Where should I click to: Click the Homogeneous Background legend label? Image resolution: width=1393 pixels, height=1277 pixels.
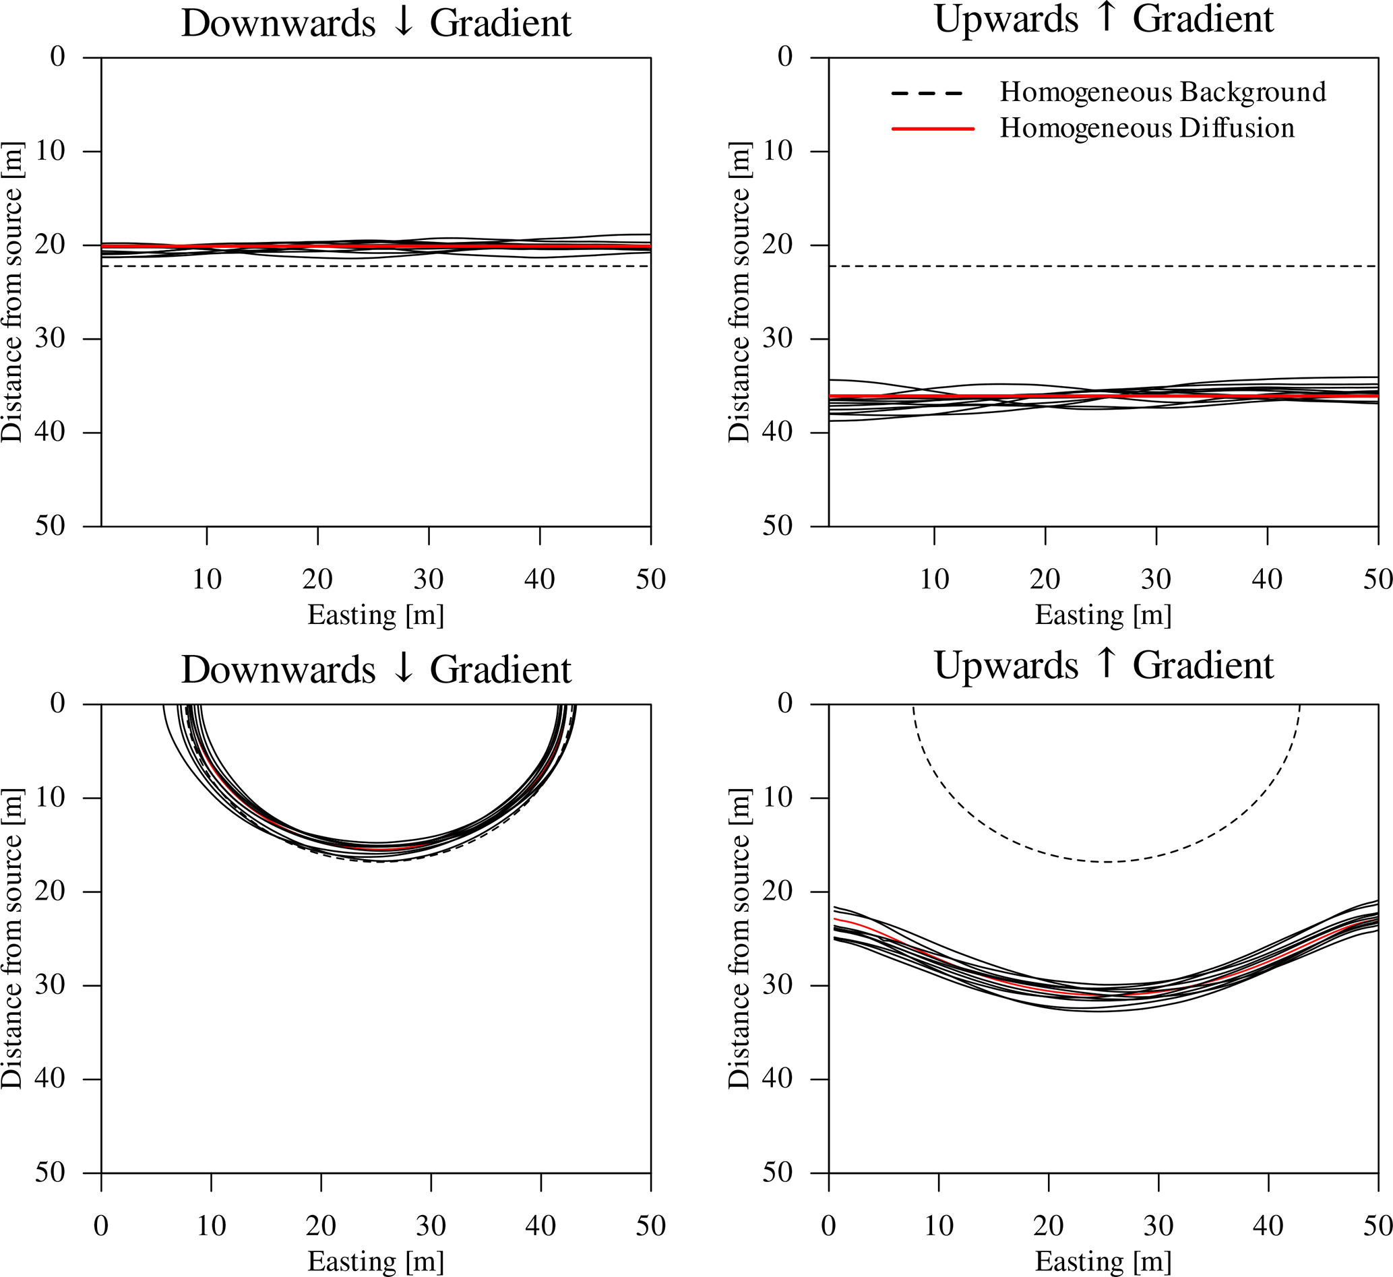coord(1163,92)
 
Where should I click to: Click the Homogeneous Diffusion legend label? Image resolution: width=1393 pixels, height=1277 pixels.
coord(1146,129)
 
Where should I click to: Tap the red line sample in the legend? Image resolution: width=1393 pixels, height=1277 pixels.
coord(932,129)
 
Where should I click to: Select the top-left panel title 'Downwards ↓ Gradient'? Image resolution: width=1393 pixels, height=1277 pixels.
coord(376,24)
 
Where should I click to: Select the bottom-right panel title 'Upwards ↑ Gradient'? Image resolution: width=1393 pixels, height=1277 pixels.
coord(1103,665)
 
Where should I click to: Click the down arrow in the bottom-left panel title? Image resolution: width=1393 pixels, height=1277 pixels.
coord(403,668)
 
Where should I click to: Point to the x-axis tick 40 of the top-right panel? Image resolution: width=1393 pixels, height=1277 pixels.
coord(1266,578)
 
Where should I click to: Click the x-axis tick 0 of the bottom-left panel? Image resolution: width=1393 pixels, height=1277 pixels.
coord(101,1225)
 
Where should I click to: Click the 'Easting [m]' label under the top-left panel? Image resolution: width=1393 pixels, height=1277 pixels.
coord(375,615)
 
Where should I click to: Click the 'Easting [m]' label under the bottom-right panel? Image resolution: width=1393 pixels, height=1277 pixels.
coord(1103,1261)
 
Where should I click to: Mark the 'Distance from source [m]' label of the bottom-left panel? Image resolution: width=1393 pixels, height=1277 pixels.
coord(12,938)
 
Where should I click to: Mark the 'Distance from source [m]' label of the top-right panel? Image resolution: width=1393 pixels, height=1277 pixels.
coord(739,292)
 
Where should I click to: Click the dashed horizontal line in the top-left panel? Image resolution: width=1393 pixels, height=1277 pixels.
coord(376,266)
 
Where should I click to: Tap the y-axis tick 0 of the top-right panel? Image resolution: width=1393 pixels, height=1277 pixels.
coord(785,57)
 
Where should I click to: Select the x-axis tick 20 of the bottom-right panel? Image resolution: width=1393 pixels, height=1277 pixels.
coord(1048,1225)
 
